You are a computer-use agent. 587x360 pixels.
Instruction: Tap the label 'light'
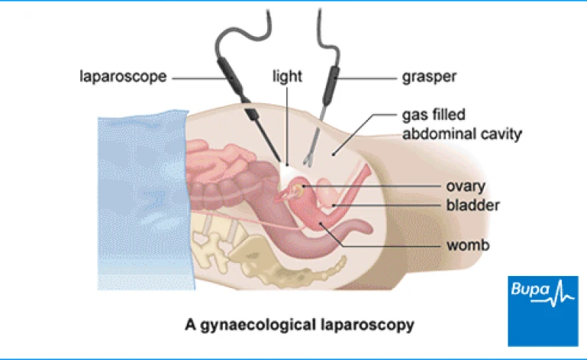(x=284, y=76)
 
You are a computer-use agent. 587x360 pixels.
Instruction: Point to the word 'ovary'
(x=461, y=186)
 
